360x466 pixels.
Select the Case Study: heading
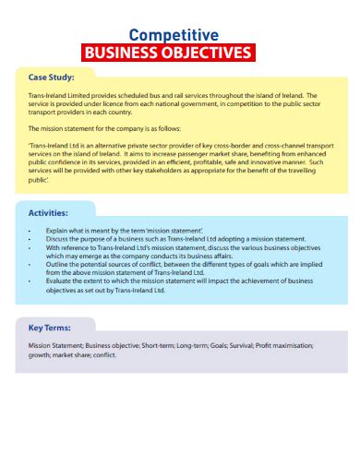click(52, 77)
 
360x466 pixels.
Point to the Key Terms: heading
click(50, 328)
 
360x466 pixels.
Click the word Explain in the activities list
click(57, 229)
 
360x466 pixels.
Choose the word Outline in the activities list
click(57, 263)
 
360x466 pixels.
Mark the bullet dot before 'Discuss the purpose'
click(31, 238)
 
